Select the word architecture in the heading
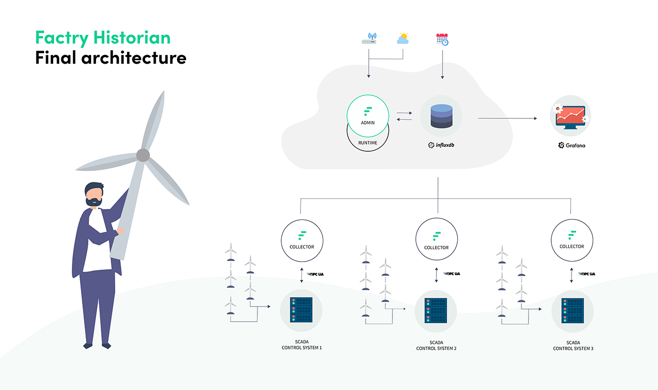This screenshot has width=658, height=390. pos(134,58)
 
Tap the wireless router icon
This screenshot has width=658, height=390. pos(369,38)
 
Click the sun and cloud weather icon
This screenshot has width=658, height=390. pos(403,38)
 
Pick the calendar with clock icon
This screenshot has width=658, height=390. pos(443,39)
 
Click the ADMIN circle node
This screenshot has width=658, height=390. pos(368,116)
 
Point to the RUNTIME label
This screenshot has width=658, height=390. pos(368,143)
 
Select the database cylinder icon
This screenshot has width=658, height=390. pos(441,116)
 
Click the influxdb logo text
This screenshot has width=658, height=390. pos(441,145)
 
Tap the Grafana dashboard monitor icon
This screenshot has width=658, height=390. pos(571,116)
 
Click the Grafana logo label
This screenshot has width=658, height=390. pos(572,146)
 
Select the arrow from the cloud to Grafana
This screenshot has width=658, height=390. pos(508,118)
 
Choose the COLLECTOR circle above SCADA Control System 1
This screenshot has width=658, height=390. pos(302,241)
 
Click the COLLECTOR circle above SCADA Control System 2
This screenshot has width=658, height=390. pos(436,239)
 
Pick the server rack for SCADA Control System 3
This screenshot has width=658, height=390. pos(573,311)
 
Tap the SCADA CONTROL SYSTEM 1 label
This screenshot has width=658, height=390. pos(301,345)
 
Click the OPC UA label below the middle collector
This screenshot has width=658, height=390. pos(452,274)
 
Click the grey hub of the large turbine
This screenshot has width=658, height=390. pos(143,155)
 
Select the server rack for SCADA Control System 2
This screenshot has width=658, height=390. pos(435,311)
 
